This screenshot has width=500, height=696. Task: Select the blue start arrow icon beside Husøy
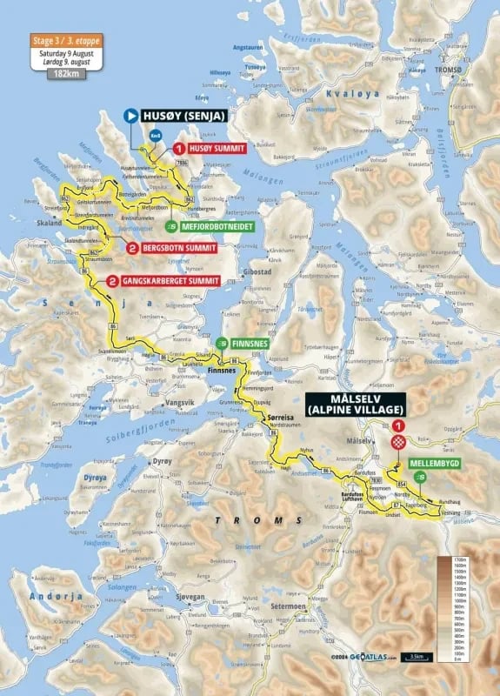(130, 114)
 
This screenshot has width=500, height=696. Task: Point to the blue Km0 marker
(155, 135)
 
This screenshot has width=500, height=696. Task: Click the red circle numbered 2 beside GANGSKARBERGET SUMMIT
(112, 281)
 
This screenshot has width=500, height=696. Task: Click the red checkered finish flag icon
(398, 442)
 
